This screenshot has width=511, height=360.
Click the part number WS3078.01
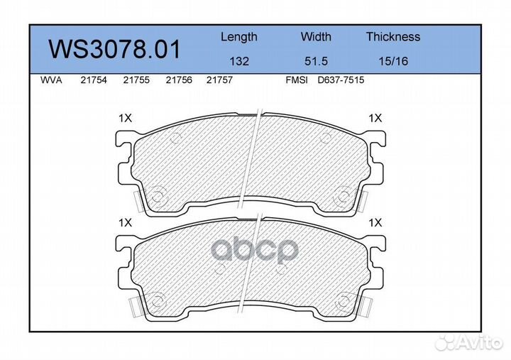[x=114, y=49]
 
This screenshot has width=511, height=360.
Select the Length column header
[x=239, y=37]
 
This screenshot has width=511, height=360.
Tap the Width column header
[x=316, y=36]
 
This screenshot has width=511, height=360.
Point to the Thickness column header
[x=393, y=36]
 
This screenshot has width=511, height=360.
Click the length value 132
[x=239, y=61]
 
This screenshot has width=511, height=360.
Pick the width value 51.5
[x=316, y=61]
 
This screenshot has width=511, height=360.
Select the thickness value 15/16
[x=393, y=61]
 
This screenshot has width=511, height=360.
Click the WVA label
[x=51, y=80]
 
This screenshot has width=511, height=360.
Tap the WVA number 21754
[x=94, y=80]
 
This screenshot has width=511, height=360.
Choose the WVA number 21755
[x=136, y=80]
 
